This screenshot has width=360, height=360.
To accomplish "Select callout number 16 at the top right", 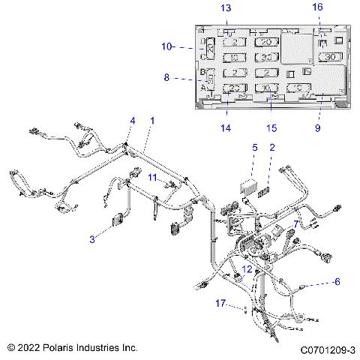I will (317, 7).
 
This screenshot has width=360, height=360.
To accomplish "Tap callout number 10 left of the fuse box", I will (166, 46).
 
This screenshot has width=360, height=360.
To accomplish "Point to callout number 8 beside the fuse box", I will (166, 76).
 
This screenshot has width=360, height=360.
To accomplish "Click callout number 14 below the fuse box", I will (226, 128).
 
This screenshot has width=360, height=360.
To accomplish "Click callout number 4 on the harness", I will (133, 121).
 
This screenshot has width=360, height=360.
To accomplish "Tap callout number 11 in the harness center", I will (152, 178).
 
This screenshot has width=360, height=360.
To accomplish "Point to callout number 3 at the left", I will (92, 239).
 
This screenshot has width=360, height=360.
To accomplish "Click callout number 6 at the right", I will (337, 282).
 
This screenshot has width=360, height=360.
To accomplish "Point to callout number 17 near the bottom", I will (220, 303).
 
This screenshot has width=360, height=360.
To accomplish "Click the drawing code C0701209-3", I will (327, 349).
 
